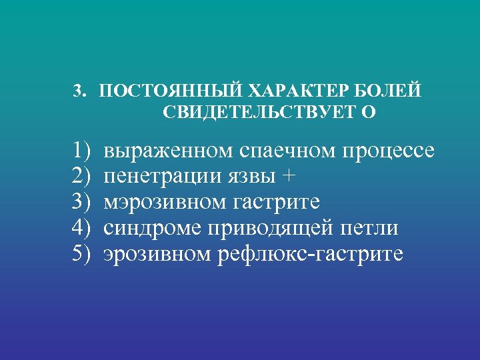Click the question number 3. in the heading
[79, 91]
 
